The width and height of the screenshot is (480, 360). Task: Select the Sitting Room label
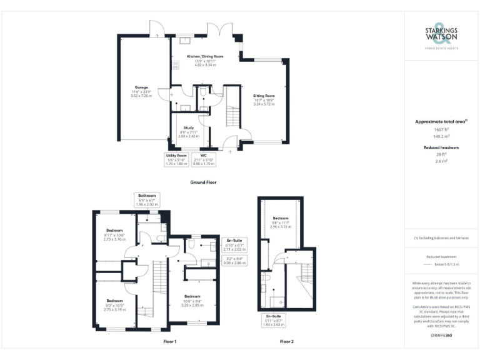(x=264, y=96)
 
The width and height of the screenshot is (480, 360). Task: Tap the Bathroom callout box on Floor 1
(x=147, y=199)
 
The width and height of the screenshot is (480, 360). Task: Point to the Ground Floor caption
(x=203, y=182)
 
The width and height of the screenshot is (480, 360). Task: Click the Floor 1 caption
(x=170, y=342)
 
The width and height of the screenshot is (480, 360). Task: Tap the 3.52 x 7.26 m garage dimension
(x=141, y=96)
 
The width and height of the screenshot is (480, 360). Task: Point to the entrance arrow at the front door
(x=231, y=151)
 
